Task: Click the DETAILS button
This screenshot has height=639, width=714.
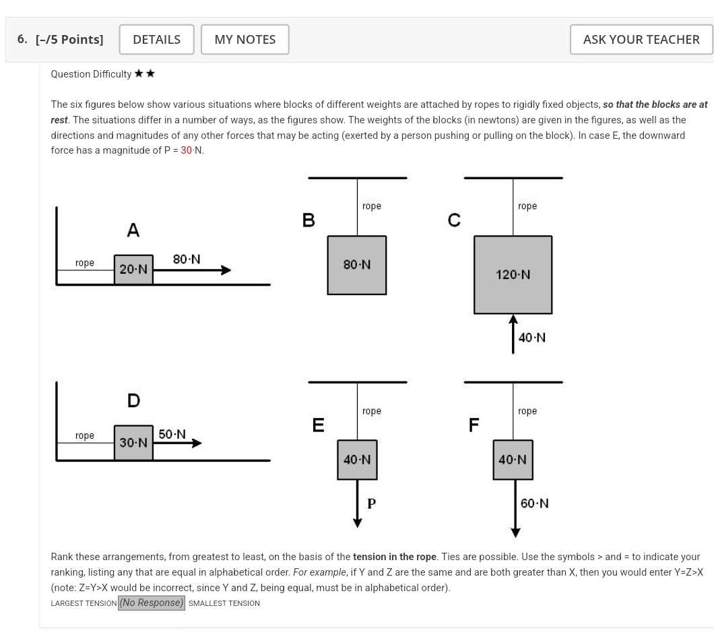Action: pyautogui.click(x=156, y=40)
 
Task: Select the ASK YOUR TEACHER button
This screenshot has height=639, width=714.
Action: pyautogui.click(x=641, y=40)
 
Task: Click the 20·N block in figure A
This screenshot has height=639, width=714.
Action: pyautogui.click(x=133, y=270)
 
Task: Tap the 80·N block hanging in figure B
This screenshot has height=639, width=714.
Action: pyautogui.click(x=356, y=265)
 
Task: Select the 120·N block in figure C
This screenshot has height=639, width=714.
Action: pyautogui.click(x=513, y=274)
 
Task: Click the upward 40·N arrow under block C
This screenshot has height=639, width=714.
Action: pyautogui.click(x=513, y=334)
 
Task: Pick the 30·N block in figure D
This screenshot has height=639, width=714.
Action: pyautogui.click(x=133, y=443)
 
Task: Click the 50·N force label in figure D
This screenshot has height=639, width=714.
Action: pyautogui.click(x=172, y=434)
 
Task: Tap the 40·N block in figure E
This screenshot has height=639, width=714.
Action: pyautogui.click(x=357, y=460)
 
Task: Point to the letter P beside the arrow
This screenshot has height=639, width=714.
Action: pyautogui.click(x=371, y=502)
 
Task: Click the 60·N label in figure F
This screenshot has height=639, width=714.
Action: pyautogui.click(x=534, y=504)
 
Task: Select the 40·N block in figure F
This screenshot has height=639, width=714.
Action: pyautogui.click(x=513, y=460)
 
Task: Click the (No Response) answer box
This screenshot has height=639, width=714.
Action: pyautogui.click(x=152, y=603)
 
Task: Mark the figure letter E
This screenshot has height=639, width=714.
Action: pyautogui.click(x=318, y=425)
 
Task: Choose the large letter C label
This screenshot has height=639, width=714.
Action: pyautogui.click(x=455, y=220)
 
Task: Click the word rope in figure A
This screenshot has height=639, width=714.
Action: pyautogui.click(x=85, y=263)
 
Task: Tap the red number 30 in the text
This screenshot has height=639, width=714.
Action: pyautogui.click(x=187, y=150)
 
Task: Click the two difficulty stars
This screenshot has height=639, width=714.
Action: pyautogui.click(x=144, y=74)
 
